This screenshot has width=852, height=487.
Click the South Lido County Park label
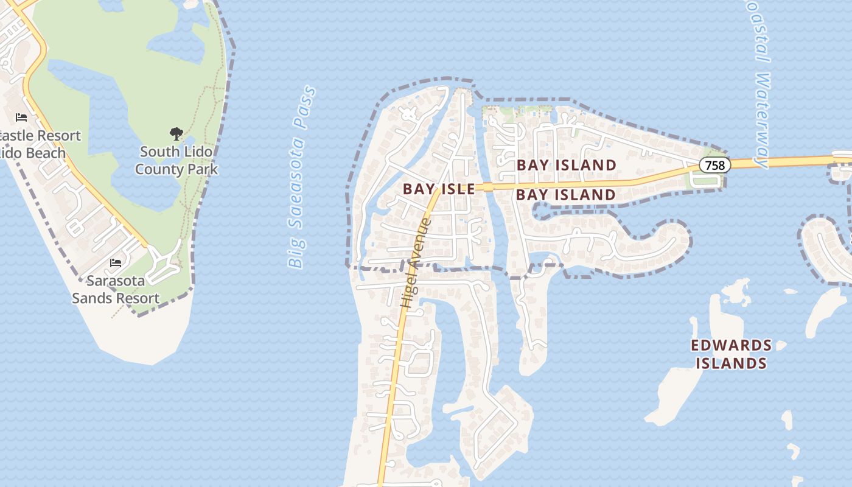[176, 160]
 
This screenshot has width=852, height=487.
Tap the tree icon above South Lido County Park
[176, 133]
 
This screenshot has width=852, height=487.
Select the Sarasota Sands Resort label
[116, 289]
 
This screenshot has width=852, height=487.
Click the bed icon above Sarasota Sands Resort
[116, 263]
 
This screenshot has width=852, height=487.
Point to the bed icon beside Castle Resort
[21, 117]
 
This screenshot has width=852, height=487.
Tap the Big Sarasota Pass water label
[302, 178]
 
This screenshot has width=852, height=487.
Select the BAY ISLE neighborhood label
[439, 189]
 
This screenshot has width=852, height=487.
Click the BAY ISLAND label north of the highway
[567, 165]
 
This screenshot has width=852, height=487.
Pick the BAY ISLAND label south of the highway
[566, 195]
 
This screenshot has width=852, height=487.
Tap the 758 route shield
[714, 165]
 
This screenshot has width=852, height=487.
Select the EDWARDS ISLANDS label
[731, 354]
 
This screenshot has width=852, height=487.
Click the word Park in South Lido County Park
[203, 169]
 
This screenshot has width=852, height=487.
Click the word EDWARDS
[731, 346]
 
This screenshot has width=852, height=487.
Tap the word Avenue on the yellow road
[420, 247]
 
